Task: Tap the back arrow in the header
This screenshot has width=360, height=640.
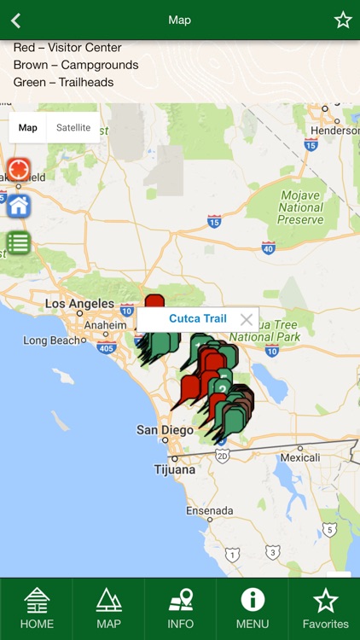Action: coord(15,20)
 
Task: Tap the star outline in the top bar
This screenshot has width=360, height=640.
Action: coord(343,20)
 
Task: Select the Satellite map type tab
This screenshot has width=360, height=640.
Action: coord(73,128)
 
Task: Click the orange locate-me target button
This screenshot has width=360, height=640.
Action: coord(18,169)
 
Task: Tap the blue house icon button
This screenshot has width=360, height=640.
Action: coord(18,206)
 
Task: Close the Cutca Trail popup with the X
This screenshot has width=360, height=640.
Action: coord(247,320)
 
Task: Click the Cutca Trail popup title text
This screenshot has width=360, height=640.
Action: coord(198,319)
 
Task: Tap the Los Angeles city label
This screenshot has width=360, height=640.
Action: coord(79,304)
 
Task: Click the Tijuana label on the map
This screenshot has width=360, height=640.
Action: coord(175,469)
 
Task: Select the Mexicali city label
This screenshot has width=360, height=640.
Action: coord(300,457)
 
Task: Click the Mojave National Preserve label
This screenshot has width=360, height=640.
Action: coord(300,207)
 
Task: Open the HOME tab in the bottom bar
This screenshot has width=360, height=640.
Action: coord(37,608)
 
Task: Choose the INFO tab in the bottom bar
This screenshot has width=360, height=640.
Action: coord(180,608)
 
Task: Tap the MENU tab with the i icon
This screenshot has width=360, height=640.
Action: coord(253,608)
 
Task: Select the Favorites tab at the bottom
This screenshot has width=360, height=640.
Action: coord(325,608)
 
